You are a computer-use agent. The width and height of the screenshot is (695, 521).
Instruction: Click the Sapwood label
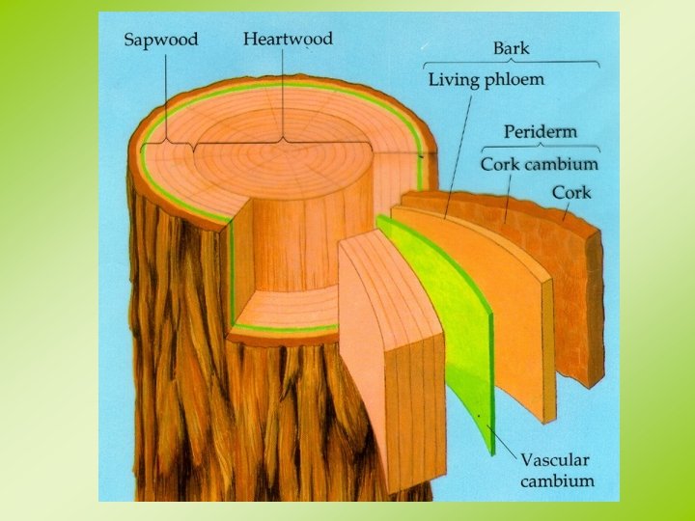(x=161, y=41)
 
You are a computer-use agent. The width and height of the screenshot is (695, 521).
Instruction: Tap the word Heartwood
(x=288, y=40)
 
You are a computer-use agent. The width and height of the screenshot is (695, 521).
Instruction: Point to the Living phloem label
(x=486, y=79)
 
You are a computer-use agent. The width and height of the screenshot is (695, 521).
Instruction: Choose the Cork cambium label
(x=539, y=164)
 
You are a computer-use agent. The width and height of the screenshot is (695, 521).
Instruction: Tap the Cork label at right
(x=571, y=192)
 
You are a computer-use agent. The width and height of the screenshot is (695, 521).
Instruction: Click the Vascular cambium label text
(x=557, y=470)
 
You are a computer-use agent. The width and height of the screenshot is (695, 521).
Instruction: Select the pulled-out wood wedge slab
(x=391, y=357)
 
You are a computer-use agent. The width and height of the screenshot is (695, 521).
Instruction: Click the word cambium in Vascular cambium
(x=557, y=480)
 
